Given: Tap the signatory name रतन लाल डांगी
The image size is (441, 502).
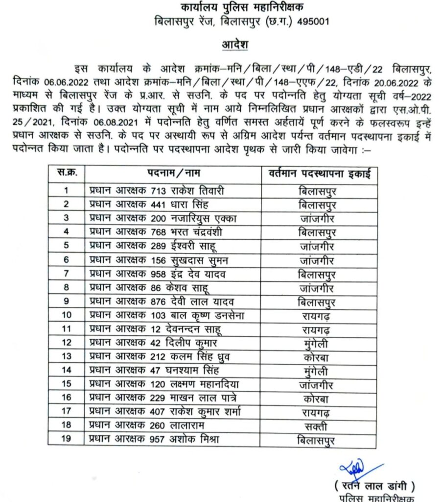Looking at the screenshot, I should (375, 487).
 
